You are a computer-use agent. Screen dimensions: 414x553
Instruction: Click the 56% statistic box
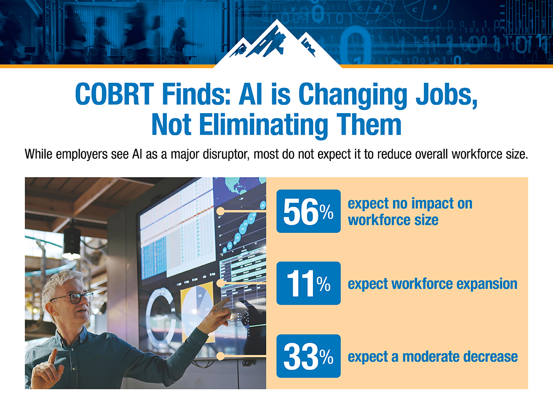(x=308, y=211)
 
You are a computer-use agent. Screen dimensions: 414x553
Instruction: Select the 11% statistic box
(x=308, y=283)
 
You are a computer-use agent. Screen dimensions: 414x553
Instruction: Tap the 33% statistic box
(x=308, y=356)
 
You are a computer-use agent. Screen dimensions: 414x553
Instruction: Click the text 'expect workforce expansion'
(x=432, y=284)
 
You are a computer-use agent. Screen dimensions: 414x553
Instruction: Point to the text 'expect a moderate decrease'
(x=432, y=356)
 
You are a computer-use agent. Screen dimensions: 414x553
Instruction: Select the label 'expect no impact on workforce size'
(x=410, y=212)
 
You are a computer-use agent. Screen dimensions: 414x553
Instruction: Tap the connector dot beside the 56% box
(x=220, y=211)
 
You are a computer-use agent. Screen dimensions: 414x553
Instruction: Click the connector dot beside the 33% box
(x=220, y=356)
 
